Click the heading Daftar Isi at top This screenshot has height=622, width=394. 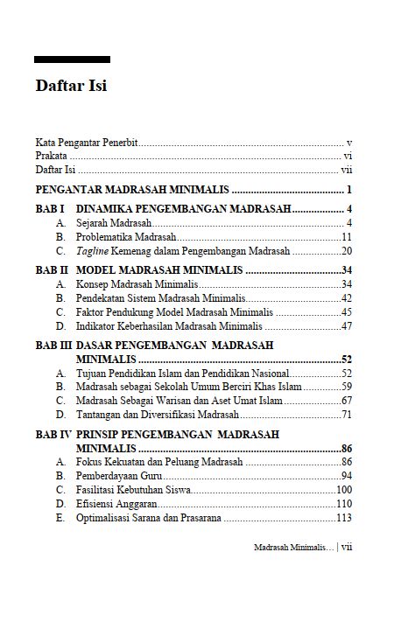tap(71, 87)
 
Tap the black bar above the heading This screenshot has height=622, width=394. tap(72, 59)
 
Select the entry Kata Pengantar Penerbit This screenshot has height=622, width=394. tap(87, 142)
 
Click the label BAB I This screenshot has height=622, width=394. tap(49, 210)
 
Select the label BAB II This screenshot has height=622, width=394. tap(52, 270)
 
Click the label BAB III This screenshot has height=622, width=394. tap(53, 346)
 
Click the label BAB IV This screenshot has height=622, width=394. tap(53, 434)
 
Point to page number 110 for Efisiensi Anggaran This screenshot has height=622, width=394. tap(343, 503)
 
